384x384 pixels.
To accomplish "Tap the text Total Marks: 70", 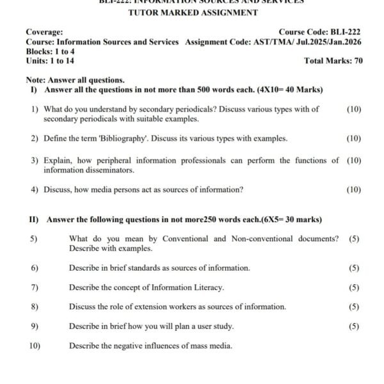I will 333,61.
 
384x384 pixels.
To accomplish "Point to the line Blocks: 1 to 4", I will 50,51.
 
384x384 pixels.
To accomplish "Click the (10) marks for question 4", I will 353,189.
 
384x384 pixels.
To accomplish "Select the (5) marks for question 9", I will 354,326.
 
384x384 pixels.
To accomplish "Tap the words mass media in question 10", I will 214,346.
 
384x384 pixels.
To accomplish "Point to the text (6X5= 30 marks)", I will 291,220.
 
